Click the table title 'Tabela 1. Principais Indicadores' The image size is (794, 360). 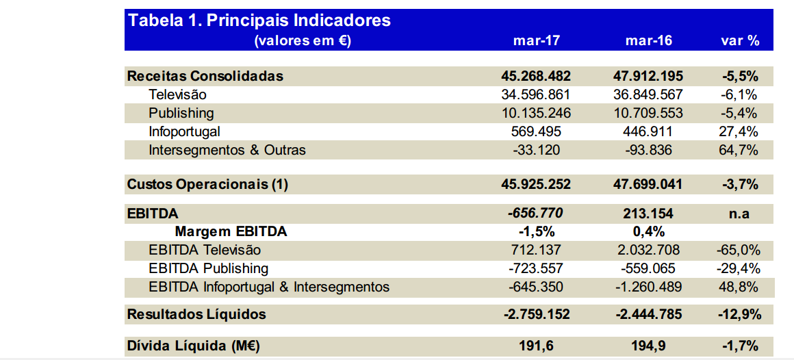coord(259,21)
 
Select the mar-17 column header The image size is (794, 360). coord(536,40)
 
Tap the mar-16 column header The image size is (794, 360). coord(648,40)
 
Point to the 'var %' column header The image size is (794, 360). coord(740,40)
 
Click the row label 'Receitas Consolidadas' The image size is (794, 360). coord(205,76)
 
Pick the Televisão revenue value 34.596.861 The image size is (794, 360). coord(536,94)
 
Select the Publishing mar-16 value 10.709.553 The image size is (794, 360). coord(648,113)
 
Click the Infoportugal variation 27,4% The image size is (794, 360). coord(740,131)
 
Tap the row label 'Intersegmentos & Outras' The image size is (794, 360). coord(227,150)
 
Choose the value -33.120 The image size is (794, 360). coord(536,150)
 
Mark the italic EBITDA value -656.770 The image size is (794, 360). coord(536,214)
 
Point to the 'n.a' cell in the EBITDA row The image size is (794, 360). coord(740,214)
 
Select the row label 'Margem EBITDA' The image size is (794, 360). coord(231,232)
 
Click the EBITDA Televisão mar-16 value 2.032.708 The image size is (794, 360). coord(648,250)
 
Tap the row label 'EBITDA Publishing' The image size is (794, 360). coord(208,269)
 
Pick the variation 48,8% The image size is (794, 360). coord(740,287)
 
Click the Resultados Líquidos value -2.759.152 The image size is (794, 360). coord(536,315)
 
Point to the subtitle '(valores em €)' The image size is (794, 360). coord(302,40)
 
